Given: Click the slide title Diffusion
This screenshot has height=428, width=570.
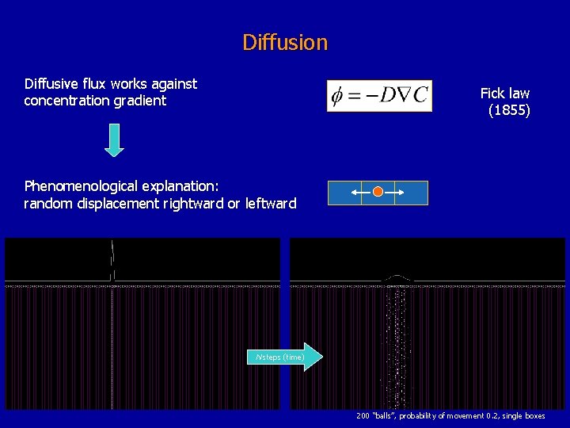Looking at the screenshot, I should point(285,42).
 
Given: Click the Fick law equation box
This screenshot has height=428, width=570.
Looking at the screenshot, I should point(379,95).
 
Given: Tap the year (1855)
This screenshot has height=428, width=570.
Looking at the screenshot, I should point(509,110).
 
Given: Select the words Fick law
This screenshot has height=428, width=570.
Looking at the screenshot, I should point(505,93).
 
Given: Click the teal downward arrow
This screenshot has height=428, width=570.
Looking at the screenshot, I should point(116,140).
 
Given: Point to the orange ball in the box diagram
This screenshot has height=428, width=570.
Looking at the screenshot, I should point(378,192).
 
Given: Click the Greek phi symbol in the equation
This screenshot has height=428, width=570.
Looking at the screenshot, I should point(338,96).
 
